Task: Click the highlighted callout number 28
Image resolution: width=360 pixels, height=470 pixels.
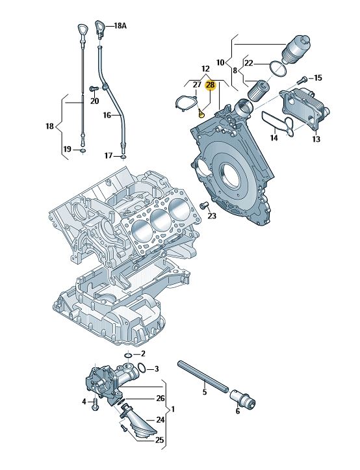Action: tap(210, 85)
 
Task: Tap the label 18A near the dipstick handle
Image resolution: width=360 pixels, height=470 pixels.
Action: tap(120, 26)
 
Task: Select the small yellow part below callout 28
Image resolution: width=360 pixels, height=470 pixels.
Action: tap(201, 113)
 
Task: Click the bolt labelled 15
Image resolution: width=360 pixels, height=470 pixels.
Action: tap(302, 81)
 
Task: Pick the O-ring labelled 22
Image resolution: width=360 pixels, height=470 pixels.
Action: tap(278, 69)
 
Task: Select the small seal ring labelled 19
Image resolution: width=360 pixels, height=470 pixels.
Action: tap(83, 150)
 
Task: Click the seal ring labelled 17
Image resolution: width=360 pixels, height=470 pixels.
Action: tap(123, 157)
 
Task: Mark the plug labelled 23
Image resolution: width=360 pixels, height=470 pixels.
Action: tap(204, 205)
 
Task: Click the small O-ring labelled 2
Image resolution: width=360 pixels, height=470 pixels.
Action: tap(129, 356)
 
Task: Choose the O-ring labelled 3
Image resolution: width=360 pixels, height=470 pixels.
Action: tap(142, 367)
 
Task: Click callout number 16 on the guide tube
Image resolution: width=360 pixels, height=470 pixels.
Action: tap(107, 115)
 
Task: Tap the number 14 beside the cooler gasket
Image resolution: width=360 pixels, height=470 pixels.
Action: tap(274, 138)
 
